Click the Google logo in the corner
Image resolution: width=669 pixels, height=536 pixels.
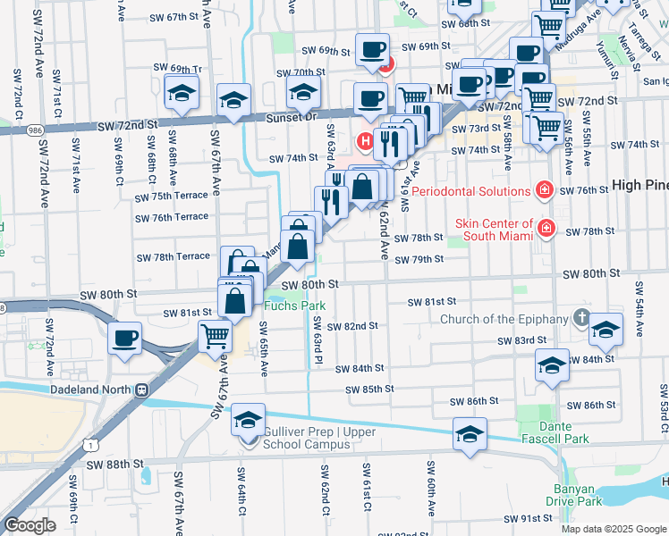30,525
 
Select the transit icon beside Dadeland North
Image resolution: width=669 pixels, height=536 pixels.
140,389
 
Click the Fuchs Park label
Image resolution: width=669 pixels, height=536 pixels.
294,306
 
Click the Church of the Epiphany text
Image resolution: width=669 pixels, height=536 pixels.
504,319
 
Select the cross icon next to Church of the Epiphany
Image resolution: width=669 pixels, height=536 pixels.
581,318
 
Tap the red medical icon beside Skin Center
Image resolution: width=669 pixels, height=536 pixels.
545,230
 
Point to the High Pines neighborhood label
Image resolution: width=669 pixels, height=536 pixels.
640,185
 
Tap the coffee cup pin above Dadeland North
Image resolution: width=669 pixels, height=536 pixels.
124,339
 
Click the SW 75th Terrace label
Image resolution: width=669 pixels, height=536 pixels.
171,197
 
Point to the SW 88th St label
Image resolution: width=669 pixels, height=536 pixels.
115,465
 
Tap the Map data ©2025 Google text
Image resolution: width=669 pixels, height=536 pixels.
612,529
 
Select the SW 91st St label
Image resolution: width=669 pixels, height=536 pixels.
528,518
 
